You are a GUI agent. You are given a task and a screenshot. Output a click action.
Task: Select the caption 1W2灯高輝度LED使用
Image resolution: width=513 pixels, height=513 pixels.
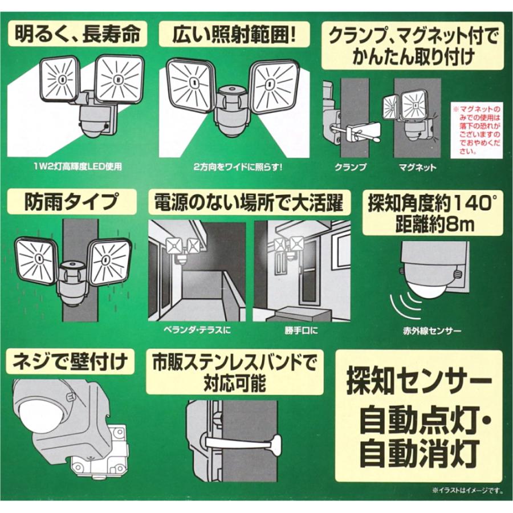click(78, 168)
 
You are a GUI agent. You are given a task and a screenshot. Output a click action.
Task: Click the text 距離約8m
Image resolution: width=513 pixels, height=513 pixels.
click(433, 223)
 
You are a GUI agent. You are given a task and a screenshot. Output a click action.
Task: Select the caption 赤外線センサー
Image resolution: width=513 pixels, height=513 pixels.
click(431, 330)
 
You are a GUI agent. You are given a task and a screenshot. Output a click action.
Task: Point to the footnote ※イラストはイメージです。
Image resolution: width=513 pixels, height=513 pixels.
click(461, 489)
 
